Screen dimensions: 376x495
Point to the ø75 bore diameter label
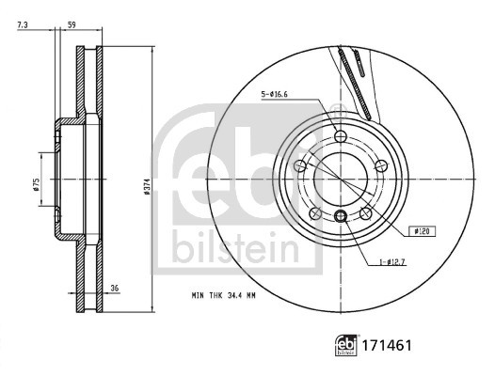(x=36, y=184)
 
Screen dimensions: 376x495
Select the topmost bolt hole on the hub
(x=341, y=137)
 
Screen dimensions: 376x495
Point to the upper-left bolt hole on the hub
(x=301, y=165)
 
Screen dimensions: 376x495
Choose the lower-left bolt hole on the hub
(x=316, y=211)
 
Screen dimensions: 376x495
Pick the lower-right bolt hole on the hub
(x=365, y=211)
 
